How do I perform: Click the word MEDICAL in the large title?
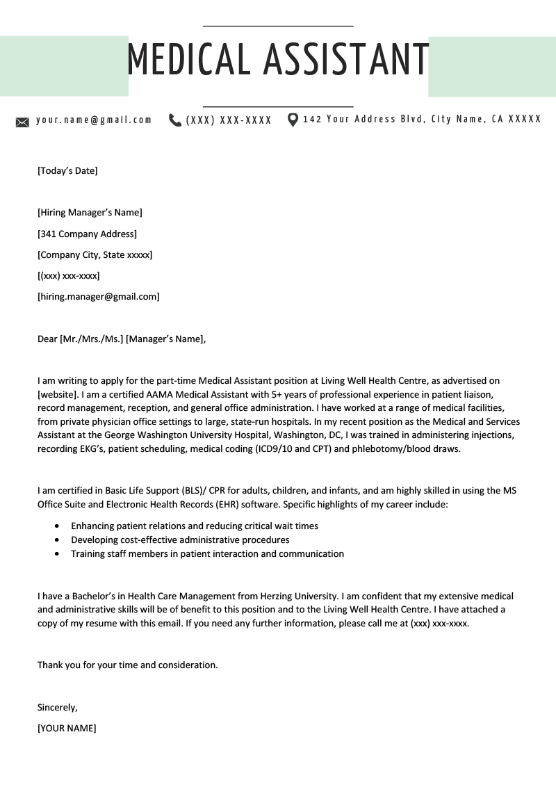click(188, 59)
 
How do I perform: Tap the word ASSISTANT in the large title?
click(346, 59)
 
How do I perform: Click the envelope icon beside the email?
click(22, 122)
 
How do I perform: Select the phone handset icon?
click(175, 120)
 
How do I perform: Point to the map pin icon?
click(293, 120)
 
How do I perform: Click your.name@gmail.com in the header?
click(94, 120)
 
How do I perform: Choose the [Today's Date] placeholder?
click(67, 170)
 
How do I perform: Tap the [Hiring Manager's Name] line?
click(90, 213)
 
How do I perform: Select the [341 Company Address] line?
click(87, 234)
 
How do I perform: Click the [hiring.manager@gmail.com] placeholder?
click(98, 297)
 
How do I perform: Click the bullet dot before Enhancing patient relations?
click(56, 526)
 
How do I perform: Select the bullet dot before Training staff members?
click(56, 554)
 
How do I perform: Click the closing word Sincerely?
click(57, 708)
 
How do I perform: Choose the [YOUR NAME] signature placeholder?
click(67, 729)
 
